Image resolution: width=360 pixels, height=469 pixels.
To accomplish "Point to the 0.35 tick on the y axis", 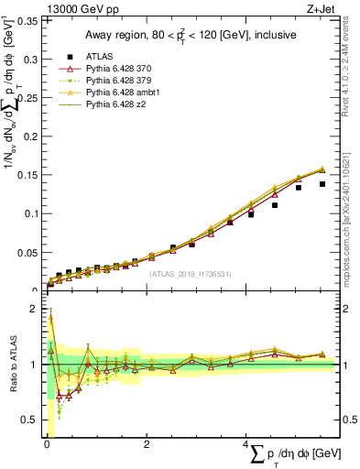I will [29, 19].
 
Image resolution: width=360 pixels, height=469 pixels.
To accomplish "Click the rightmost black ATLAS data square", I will [322, 184].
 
